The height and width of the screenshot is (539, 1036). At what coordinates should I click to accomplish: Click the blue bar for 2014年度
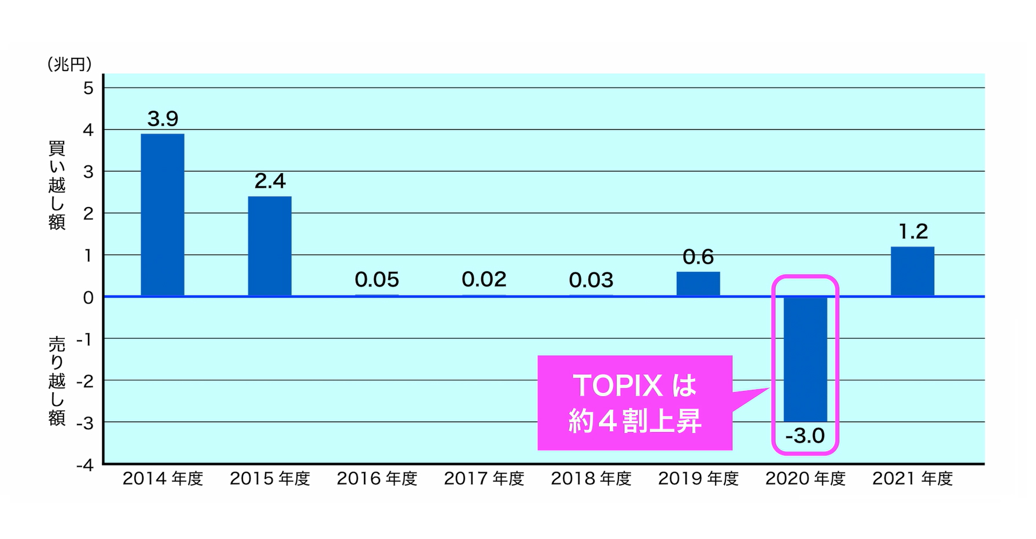pyautogui.click(x=163, y=215)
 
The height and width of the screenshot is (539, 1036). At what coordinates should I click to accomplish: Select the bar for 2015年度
pyautogui.click(x=270, y=246)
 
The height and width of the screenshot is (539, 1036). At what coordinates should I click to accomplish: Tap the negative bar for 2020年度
pyautogui.click(x=805, y=359)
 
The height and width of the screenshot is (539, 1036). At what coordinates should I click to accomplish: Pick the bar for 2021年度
pyautogui.click(x=912, y=271)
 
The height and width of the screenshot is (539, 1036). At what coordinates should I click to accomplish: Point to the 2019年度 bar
pyautogui.click(x=698, y=283)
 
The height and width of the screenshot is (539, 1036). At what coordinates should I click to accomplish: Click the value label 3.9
pyautogui.click(x=163, y=119)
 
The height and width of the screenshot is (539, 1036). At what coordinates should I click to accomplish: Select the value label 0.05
pyautogui.click(x=377, y=280)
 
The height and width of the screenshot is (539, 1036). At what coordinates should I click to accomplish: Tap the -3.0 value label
pyautogui.click(x=805, y=435)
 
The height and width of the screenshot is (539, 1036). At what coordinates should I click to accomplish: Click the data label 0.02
pyautogui.click(x=484, y=280)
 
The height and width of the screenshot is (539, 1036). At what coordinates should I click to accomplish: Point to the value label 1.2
pyautogui.click(x=913, y=232)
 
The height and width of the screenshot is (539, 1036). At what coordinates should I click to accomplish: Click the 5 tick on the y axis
pyautogui.click(x=88, y=88)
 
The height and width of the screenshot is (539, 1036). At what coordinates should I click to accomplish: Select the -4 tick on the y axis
pyautogui.click(x=85, y=465)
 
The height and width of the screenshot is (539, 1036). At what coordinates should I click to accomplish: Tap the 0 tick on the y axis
pyautogui.click(x=88, y=297)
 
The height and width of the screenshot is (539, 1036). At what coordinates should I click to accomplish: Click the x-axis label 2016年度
pyautogui.click(x=377, y=479)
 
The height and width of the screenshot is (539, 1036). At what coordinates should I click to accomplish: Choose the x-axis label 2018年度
pyautogui.click(x=591, y=479)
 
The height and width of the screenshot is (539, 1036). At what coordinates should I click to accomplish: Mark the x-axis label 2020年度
pyautogui.click(x=805, y=479)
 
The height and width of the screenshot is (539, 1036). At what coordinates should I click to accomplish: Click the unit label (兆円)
pyautogui.click(x=69, y=64)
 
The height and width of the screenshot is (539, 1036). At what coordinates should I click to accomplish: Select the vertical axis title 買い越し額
pyautogui.click(x=57, y=185)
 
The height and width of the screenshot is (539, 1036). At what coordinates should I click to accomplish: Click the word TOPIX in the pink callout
pyautogui.click(x=617, y=386)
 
